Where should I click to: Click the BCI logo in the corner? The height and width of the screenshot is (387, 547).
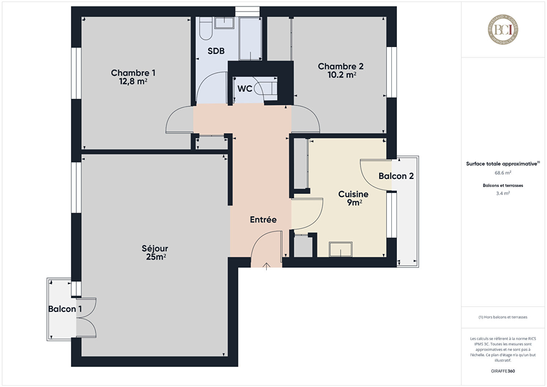503,29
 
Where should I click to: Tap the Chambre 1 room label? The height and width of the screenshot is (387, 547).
133,73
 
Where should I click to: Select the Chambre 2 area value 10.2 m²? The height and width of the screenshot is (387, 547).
342,75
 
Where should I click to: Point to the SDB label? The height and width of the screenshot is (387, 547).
216,51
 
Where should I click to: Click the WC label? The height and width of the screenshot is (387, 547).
245,89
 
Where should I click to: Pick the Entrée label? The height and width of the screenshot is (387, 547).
263,220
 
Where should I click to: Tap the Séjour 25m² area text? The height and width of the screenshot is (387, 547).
156,257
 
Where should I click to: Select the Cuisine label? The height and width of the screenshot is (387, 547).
353,194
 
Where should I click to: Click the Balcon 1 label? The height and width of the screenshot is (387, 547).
65,309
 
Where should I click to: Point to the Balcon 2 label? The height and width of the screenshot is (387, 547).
396,176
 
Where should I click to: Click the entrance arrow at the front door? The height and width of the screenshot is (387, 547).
266,266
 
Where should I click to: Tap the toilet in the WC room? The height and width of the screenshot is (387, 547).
266,89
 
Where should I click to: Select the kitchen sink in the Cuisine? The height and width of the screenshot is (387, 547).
341,249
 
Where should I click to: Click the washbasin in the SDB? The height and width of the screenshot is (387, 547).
224,23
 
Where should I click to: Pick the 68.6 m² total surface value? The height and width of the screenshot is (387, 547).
503,173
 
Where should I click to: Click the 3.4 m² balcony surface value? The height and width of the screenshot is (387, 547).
503,193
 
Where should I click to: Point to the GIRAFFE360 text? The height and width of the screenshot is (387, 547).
503,371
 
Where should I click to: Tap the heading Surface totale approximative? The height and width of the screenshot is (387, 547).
501,164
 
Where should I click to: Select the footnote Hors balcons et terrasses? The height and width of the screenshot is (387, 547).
503,317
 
